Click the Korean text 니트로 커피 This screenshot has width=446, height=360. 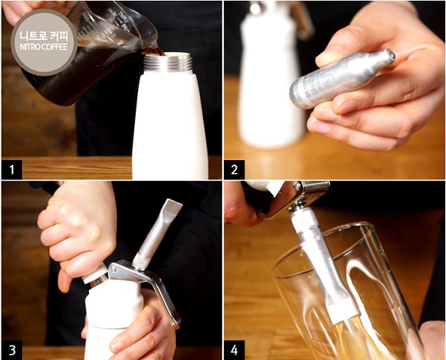[44, 37]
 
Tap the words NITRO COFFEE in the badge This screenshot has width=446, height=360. [44, 47]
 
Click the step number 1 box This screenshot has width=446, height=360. [11, 170]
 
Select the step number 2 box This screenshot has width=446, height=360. [234, 170]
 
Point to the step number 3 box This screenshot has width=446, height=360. [12, 350]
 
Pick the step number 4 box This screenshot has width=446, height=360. [234, 350]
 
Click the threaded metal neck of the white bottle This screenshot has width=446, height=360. [168, 63]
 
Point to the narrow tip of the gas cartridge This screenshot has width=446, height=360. [390, 54]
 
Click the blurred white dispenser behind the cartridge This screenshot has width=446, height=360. [271, 77]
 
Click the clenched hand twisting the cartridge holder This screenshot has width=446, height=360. [77, 232]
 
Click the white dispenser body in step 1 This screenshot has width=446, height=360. [169, 125]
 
